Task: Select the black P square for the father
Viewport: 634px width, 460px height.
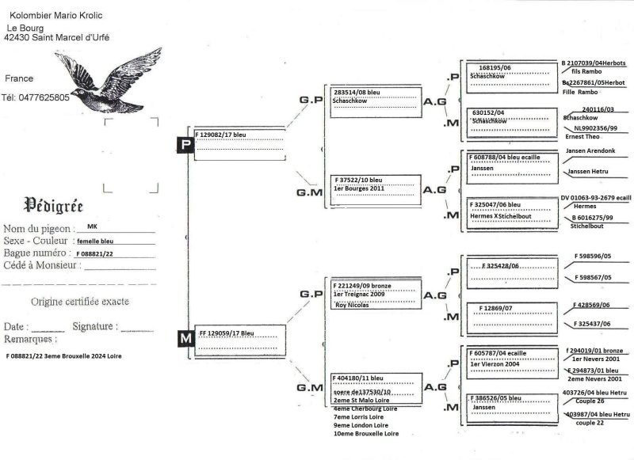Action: [x=185, y=145]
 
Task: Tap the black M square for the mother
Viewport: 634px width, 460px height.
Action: [x=185, y=339]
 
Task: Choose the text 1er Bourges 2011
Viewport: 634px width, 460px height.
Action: [x=361, y=189]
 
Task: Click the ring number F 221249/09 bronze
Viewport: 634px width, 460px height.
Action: [x=363, y=285]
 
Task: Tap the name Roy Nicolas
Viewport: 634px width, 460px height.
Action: [x=352, y=304]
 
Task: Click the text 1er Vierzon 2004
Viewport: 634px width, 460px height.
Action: [x=495, y=363]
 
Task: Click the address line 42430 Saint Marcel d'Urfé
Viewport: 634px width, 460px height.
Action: [x=57, y=37]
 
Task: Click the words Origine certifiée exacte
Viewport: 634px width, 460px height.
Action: [x=80, y=302]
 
